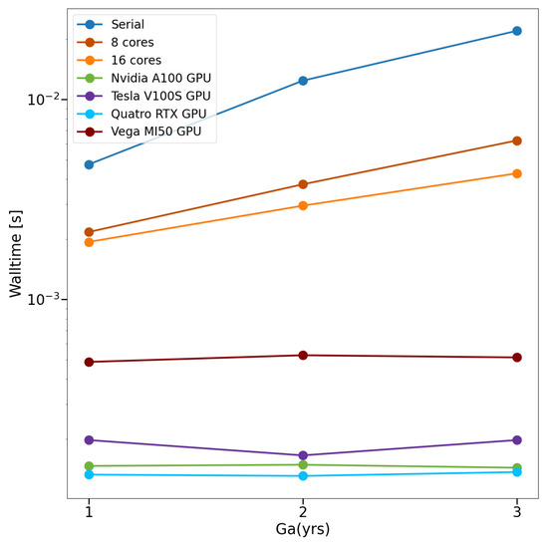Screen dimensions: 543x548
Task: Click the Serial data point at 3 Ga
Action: coord(516,31)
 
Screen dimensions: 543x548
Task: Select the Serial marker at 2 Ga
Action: coord(303,81)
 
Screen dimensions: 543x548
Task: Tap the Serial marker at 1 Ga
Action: coord(90,164)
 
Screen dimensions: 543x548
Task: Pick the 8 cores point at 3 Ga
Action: coord(516,140)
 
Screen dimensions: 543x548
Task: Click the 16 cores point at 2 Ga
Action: coord(303,205)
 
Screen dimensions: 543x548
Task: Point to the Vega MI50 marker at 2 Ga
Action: coord(303,355)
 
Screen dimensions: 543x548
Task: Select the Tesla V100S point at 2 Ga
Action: coord(303,455)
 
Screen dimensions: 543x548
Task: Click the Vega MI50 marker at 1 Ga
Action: coord(90,362)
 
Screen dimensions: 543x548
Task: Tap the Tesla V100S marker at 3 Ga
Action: coord(516,439)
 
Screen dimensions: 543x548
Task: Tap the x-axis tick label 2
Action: coord(303,511)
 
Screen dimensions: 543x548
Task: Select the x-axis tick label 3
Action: coord(516,511)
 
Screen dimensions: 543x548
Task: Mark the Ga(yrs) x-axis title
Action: coord(303,529)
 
